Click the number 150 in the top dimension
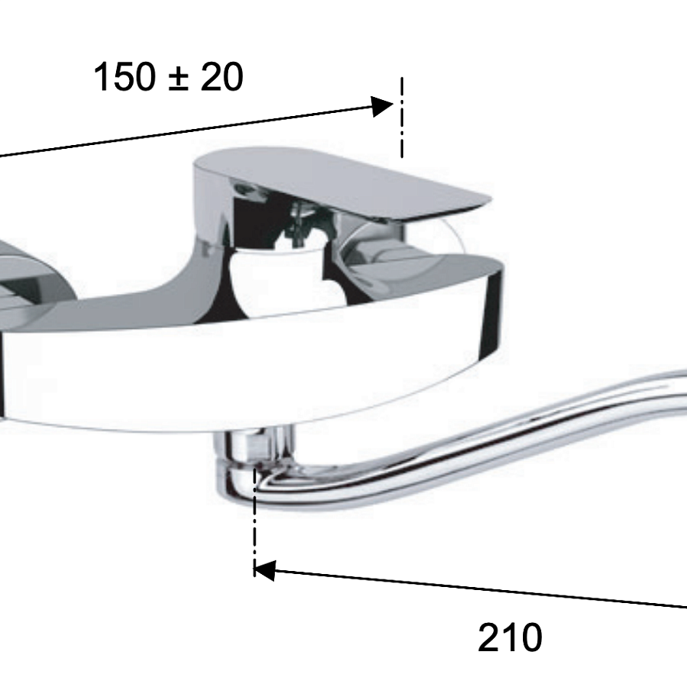(125, 76)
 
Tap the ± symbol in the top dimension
(179, 79)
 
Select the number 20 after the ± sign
(221, 76)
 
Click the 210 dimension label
(510, 637)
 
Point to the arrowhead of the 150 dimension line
(382, 106)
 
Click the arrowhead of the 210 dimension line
(265, 570)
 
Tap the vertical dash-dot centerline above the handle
(402, 118)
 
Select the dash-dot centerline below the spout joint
(254, 521)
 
